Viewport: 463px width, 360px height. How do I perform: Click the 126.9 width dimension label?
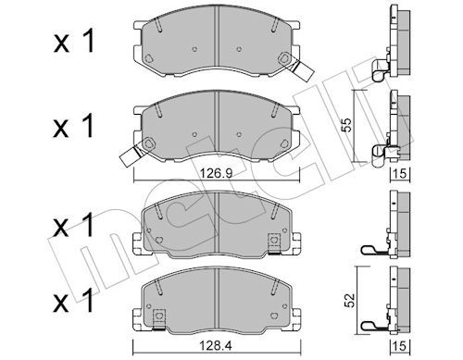(217, 174)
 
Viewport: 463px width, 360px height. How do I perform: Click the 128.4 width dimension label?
(216, 347)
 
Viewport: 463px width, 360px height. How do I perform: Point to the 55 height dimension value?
(347, 125)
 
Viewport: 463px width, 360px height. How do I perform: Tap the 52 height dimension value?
(350, 300)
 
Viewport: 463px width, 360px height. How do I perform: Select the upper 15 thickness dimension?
(400, 174)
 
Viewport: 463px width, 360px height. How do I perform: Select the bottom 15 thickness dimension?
(400, 346)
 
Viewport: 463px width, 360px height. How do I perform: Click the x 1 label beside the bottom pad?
(74, 300)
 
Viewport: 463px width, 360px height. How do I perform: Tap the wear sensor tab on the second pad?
(131, 156)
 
